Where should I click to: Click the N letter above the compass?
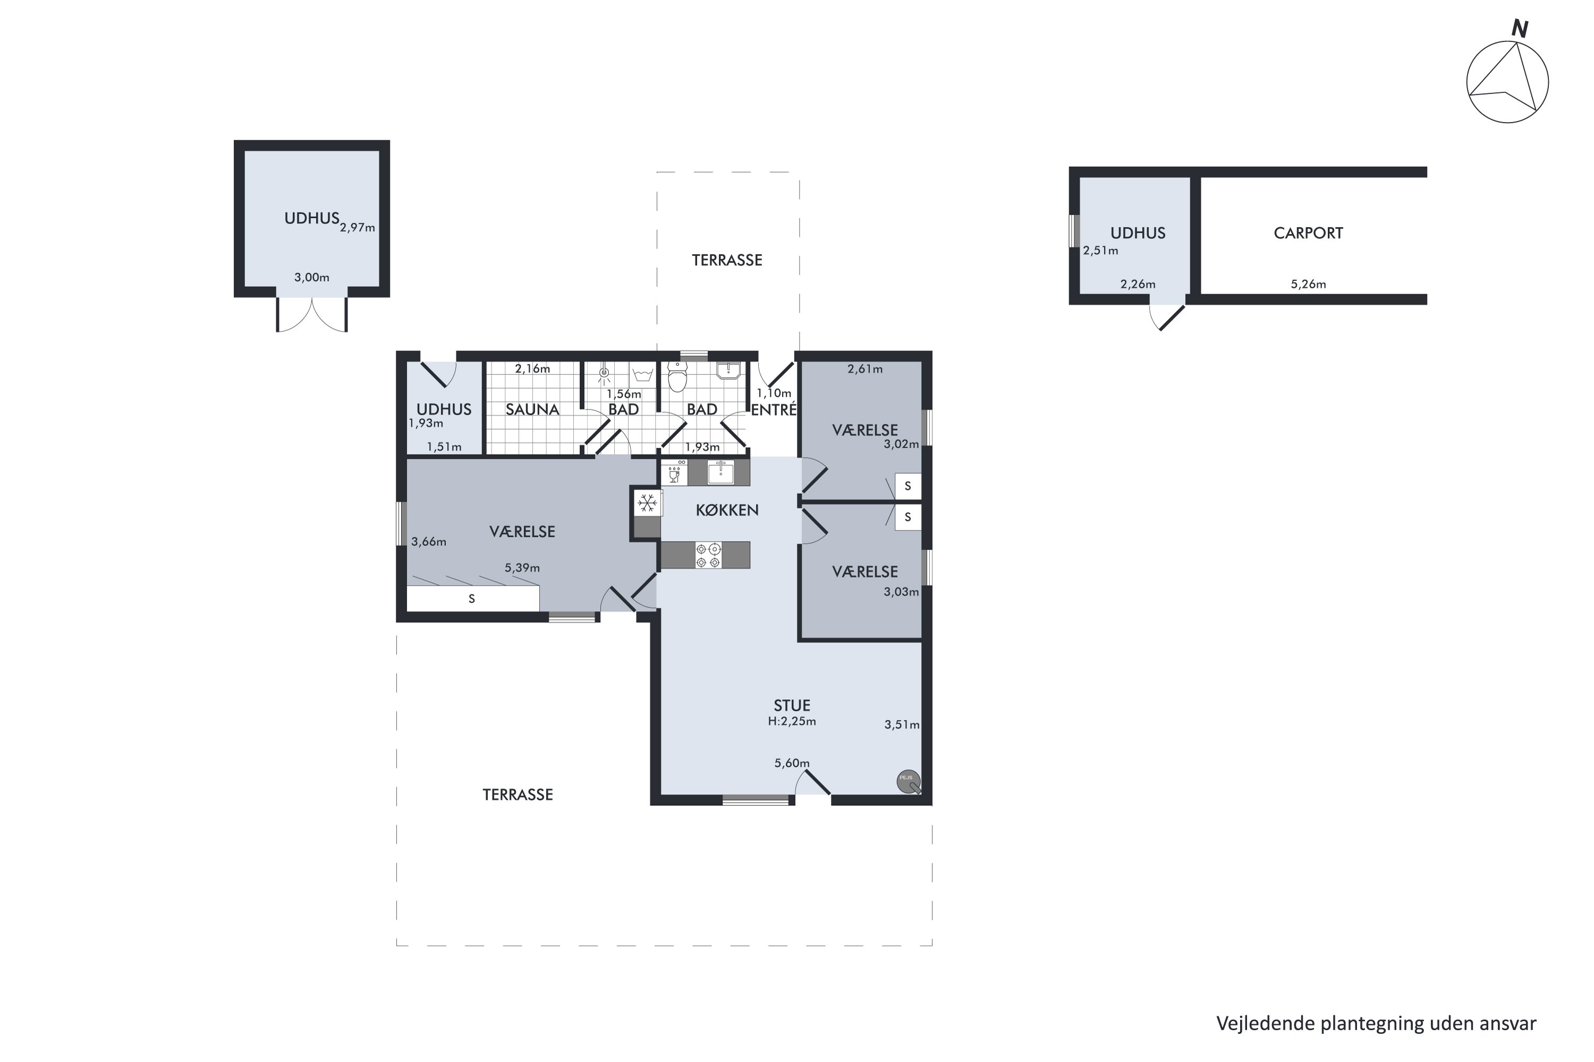point(1520,29)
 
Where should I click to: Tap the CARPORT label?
point(1308,233)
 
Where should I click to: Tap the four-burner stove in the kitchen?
point(708,555)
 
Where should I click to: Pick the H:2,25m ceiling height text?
point(792,721)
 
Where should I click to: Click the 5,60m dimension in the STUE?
point(792,764)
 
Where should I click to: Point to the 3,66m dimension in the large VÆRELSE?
point(429,542)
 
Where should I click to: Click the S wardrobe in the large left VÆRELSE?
point(472,599)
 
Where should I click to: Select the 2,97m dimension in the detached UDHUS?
point(357,228)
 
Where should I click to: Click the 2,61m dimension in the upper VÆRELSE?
point(865,369)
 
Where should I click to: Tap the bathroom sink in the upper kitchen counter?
point(720,472)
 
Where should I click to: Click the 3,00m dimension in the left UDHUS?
point(312,278)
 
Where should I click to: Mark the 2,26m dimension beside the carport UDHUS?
point(1138,285)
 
